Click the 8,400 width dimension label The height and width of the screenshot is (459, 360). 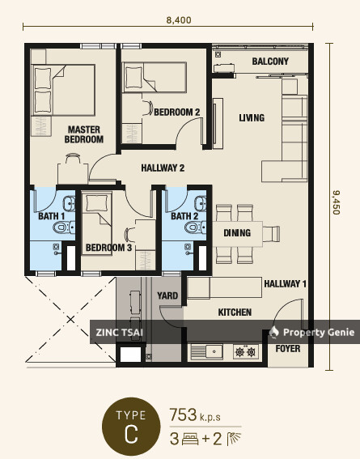click(179, 20)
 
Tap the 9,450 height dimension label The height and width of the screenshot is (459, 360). click(337, 202)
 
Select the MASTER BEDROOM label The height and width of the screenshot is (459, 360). click(84, 134)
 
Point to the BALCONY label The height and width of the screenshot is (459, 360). click(270, 62)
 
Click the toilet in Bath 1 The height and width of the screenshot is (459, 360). click(64, 227)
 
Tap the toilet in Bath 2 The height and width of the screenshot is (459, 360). click(196, 227)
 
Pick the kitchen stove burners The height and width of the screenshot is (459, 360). click(246, 352)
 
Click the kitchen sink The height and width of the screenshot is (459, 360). click(207, 351)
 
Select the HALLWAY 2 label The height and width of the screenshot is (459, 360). click(163, 168)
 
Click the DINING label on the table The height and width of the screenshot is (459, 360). click(237, 233)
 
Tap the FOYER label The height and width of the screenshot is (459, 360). click(288, 349)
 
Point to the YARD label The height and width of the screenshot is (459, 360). click(167, 295)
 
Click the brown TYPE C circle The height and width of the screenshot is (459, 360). click(131, 426)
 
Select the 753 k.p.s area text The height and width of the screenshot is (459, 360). click(195, 415)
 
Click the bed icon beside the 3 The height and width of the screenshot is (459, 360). click(190, 439)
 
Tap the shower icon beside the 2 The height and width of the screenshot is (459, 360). click(234, 439)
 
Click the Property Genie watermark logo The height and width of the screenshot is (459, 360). click(274, 332)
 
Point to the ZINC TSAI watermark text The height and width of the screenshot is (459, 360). click(119, 333)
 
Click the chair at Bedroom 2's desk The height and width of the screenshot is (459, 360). click(148, 108)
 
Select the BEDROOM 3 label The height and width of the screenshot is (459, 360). click(108, 248)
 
